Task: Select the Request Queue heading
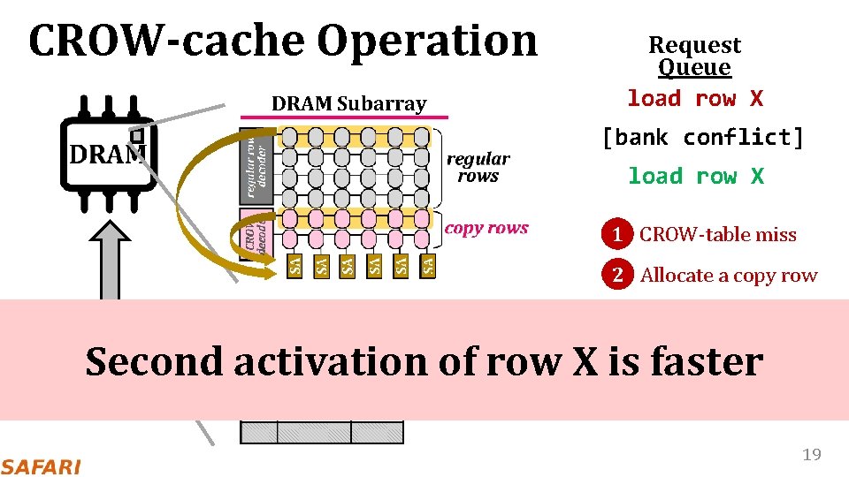click(694, 56)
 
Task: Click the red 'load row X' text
click(694, 98)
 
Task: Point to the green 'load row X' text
click(695, 176)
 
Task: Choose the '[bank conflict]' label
click(702, 137)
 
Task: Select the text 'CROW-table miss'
click(717, 235)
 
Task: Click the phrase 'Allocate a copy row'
click(729, 275)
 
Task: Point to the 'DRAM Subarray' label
click(348, 103)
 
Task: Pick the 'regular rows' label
click(478, 167)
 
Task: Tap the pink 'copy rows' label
click(486, 228)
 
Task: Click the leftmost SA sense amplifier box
click(296, 264)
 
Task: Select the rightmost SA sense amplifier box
click(428, 264)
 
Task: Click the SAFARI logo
click(41, 466)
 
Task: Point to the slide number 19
click(811, 455)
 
